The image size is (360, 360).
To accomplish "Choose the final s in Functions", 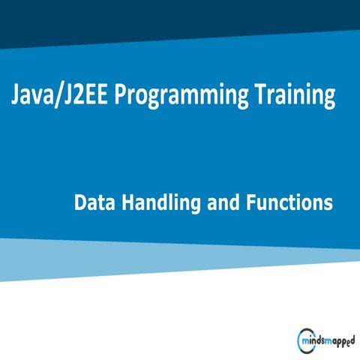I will click(x=327, y=203).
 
